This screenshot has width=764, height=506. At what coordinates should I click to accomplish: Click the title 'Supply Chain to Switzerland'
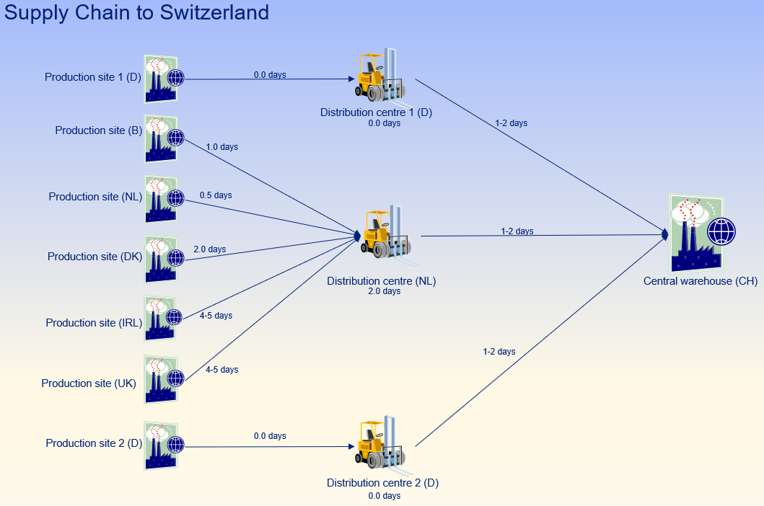pyautogui.click(x=136, y=12)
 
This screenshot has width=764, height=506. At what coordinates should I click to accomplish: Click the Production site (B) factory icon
pyautogui.click(x=161, y=138)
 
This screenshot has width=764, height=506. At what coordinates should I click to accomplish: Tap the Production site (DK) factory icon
pyautogui.click(x=161, y=259)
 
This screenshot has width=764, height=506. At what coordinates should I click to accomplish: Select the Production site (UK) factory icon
pyautogui.click(x=161, y=379)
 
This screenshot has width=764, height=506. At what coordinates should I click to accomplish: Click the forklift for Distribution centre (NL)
pyautogui.click(x=383, y=232)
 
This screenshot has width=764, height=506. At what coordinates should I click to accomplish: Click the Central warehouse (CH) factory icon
pyautogui.click(x=695, y=231)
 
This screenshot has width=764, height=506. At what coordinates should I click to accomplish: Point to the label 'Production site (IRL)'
pyautogui.click(x=94, y=323)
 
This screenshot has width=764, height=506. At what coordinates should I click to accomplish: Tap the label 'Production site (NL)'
pyautogui.click(x=95, y=197)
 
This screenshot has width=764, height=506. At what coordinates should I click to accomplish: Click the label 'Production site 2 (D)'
pyautogui.click(x=94, y=443)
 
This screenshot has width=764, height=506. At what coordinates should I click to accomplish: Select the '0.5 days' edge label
pyautogui.click(x=216, y=195)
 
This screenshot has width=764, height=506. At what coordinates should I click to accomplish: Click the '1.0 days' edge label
pyautogui.click(x=221, y=147)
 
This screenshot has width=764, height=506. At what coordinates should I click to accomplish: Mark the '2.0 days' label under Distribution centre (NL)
pyautogui.click(x=384, y=291)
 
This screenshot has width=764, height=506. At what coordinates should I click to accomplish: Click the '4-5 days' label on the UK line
pyautogui.click(x=221, y=370)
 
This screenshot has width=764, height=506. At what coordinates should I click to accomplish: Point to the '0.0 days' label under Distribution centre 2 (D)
pyautogui.click(x=384, y=496)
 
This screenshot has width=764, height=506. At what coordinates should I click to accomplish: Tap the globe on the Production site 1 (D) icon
pyautogui.click(x=175, y=78)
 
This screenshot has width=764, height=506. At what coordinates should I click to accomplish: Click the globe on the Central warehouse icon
pyautogui.click(x=721, y=232)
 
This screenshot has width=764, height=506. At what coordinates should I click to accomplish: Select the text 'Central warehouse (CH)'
pyautogui.click(x=700, y=281)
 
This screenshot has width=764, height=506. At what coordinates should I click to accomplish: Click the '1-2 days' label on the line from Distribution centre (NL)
pyautogui.click(x=517, y=231)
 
